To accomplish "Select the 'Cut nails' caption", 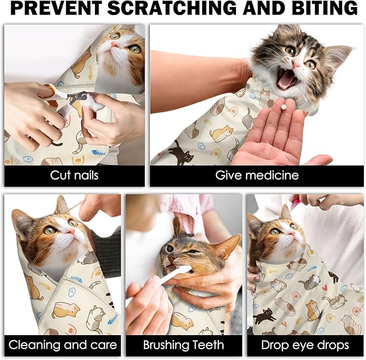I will tap(74, 175).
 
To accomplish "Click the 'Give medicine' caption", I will tap(257, 175).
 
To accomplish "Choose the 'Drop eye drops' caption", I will tap(305, 345).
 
